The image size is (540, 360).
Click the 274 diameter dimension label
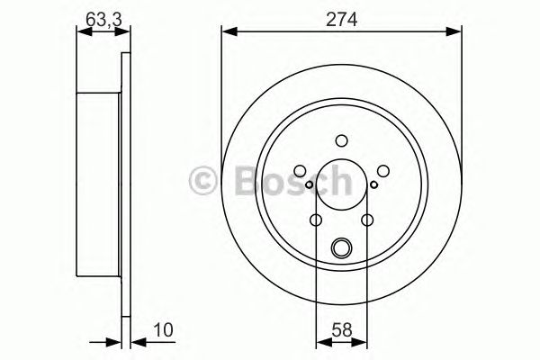[x=342, y=15]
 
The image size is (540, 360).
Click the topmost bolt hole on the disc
[x=341, y=139]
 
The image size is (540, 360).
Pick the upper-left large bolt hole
[x=301, y=169]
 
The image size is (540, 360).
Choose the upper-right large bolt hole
[x=382, y=169]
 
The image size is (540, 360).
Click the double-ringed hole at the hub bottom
[x=341, y=248]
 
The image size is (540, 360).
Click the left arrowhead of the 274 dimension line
[x=228, y=31]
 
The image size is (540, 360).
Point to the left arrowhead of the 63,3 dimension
[x=83, y=31]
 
